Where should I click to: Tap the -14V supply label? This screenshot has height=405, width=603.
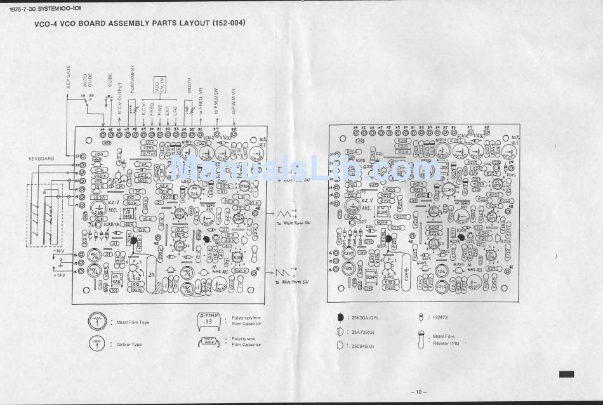tap(61, 251)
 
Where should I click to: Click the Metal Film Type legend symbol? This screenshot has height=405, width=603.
tap(97, 322)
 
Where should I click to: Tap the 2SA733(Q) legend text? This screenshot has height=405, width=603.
tap(362, 332)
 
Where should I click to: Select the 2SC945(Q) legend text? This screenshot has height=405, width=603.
tap(362, 347)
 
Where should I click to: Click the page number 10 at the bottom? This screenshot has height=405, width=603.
tap(420, 391)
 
